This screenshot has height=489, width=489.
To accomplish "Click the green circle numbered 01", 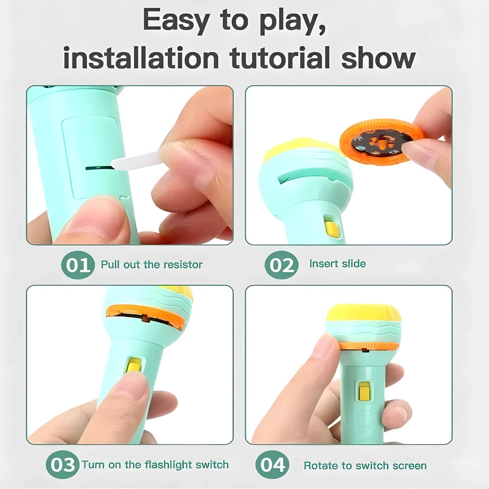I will pos(78,265).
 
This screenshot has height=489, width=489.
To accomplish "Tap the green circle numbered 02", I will pos(282,265).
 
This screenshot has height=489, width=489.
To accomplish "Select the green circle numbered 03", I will pos(62,465).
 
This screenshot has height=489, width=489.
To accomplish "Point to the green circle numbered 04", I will pos(273,465).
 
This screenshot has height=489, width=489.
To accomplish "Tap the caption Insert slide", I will pos(337,264).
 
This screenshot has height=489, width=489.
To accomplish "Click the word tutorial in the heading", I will pos(281,58).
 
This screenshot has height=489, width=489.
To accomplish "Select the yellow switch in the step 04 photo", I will pos(364,391).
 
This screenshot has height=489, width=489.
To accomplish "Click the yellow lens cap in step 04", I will pos(363,313).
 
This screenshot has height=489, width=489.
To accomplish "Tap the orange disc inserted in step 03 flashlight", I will pos(145,315).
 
